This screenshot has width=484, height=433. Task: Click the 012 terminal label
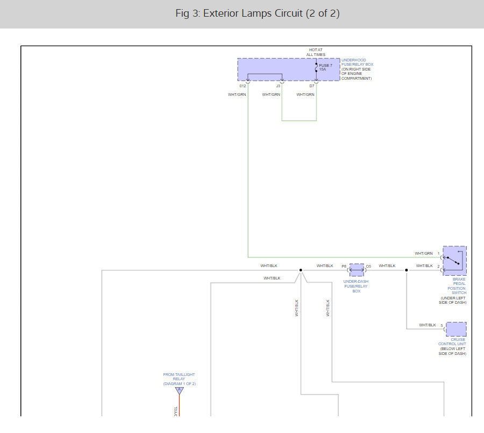(243, 86)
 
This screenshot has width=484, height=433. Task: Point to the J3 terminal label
(278, 86)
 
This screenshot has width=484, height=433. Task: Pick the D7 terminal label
(312, 86)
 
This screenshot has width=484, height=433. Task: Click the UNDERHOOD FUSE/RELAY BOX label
(357, 62)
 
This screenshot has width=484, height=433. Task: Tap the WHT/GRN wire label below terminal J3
(271, 95)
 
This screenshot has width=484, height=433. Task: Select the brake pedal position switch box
(454, 261)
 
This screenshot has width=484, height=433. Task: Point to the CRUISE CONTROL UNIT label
(452, 342)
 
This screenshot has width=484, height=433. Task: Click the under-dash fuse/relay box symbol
(357, 270)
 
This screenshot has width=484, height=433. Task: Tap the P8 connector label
(344, 266)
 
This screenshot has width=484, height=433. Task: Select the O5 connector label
(368, 266)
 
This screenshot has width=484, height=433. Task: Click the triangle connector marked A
(179, 390)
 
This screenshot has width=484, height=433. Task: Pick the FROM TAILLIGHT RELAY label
(179, 379)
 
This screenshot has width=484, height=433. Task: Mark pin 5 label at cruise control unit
(442, 325)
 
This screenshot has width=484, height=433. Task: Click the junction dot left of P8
(301, 270)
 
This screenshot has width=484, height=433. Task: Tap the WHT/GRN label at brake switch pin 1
(424, 253)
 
